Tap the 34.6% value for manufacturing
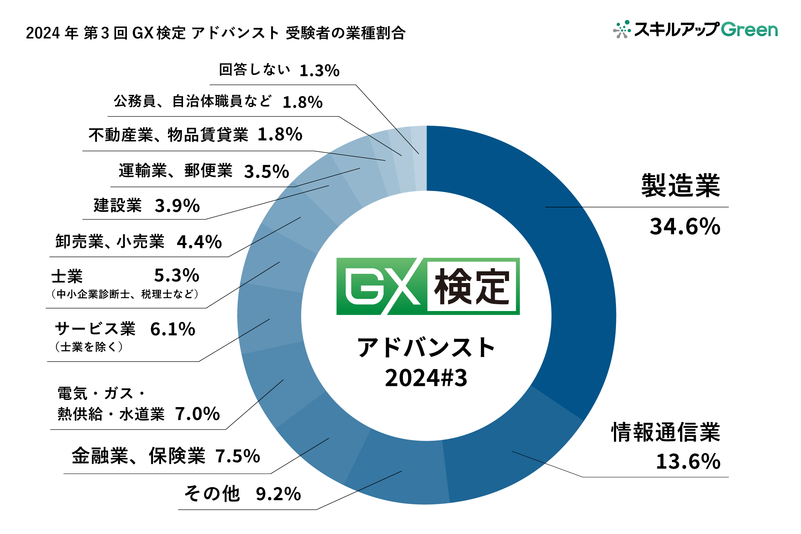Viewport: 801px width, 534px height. (x=685, y=227)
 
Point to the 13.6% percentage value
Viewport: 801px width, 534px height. (x=688, y=461)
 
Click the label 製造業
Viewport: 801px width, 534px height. (x=680, y=186)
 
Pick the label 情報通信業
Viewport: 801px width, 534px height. (x=666, y=432)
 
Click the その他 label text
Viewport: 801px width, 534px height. (x=212, y=494)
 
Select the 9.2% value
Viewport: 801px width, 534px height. (x=278, y=494)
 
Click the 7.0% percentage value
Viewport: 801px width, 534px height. (x=197, y=414)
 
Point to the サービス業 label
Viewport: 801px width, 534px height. (x=95, y=329)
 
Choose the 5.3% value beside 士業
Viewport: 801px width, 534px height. (x=177, y=275)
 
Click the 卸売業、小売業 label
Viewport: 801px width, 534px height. (x=110, y=242)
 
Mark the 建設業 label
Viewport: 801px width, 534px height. (x=118, y=206)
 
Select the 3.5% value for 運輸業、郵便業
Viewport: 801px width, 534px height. (x=266, y=172)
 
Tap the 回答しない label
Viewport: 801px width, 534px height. (x=254, y=70)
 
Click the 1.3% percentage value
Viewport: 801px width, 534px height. (x=319, y=71)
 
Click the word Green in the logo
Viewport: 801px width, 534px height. (x=749, y=30)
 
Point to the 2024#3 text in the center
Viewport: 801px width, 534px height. (x=426, y=378)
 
